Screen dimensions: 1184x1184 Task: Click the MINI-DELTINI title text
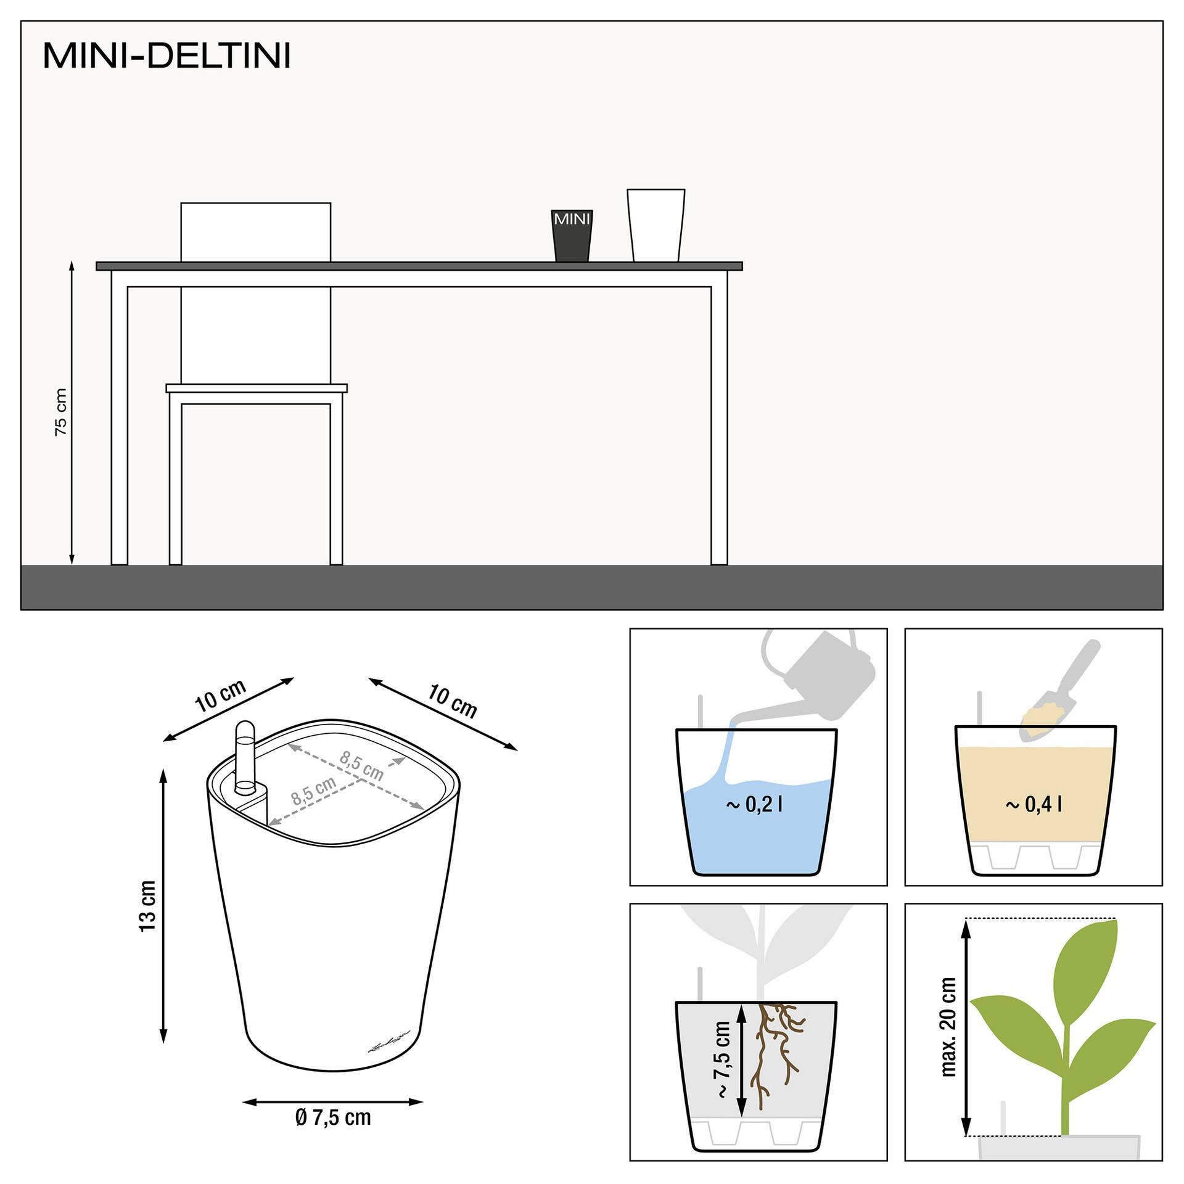click(x=166, y=56)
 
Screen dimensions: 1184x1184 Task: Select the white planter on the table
click(x=656, y=225)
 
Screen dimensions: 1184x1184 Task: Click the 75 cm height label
click(x=60, y=412)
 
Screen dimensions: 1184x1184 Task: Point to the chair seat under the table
click(x=256, y=388)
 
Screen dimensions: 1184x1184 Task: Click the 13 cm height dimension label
click(x=148, y=906)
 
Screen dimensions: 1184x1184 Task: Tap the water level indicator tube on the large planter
click(x=245, y=756)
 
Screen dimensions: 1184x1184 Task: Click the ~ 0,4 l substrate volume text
click(x=1034, y=804)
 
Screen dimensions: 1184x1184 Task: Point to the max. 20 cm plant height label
click(x=948, y=1027)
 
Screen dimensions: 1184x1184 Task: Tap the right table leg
click(x=719, y=425)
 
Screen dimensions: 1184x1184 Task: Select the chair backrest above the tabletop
click(x=255, y=232)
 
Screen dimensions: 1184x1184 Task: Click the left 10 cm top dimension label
click(x=221, y=695)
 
